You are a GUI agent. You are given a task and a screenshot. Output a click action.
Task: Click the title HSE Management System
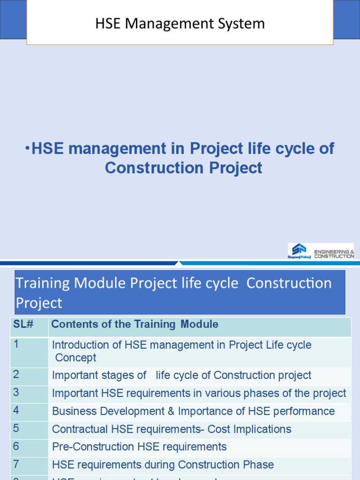pos(180,23)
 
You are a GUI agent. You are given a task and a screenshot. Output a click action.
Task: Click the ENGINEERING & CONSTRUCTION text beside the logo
pos(334,254)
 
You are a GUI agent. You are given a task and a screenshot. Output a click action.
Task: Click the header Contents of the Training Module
pos(135,324)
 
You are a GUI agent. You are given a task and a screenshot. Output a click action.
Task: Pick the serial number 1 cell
pos(16,345)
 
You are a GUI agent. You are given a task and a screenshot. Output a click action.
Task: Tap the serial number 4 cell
pos(16,411)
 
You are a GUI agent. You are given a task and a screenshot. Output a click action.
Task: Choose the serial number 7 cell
pos(16,464)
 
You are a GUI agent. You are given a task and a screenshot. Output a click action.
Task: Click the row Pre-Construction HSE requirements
pos(139,447)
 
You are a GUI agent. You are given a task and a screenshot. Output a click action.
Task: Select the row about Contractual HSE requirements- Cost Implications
pos(172,429)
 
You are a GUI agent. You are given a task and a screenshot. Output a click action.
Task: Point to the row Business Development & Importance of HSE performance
pos(193,411)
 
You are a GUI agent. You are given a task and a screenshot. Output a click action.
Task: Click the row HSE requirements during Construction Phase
pos(163,465)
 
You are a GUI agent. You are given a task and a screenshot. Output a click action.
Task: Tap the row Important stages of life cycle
pos(181,375)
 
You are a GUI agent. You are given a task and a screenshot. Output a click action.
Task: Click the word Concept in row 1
pos(75,358)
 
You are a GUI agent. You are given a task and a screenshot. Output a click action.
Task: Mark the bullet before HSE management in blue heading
pos(27,148)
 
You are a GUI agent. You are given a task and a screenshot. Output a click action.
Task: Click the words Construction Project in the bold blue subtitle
pos(183,167)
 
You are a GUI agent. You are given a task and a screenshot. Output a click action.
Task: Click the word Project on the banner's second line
pos(39,303)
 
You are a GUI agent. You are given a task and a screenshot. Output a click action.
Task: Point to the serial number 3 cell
pos(16,393)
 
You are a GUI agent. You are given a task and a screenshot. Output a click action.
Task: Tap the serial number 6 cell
pos(16,446)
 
